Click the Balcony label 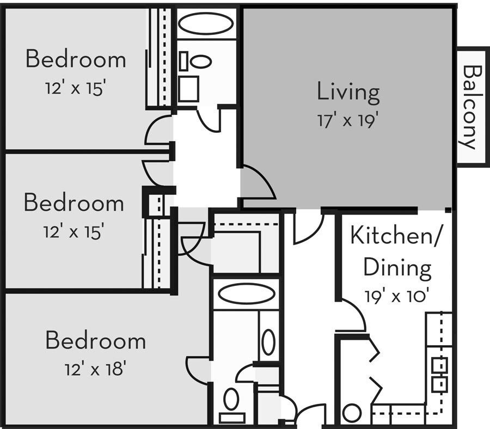(471, 107)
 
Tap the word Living (348, 92)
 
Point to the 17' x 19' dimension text (348, 120)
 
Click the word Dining (397, 267)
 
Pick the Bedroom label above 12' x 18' (95, 341)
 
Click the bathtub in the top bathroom (206, 24)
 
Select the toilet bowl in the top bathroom (200, 61)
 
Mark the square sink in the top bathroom (188, 89)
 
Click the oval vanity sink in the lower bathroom (268, 342)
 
